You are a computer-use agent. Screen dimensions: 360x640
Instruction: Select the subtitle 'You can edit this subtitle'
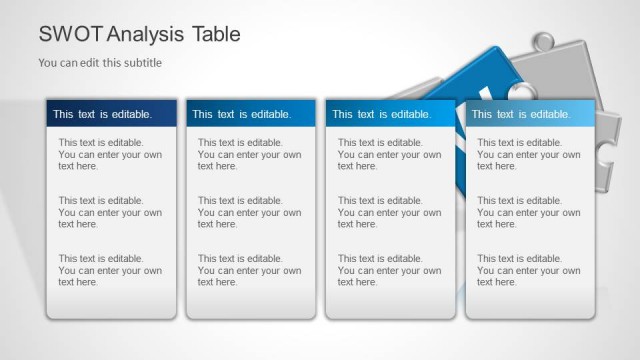[100, 63]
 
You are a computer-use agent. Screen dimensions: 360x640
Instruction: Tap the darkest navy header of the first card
[111, 114]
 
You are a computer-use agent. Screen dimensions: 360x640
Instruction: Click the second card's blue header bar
[250, 114]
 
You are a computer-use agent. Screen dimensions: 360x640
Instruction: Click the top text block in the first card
[109, 155]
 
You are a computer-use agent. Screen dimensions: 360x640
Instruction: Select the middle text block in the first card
[109, 212]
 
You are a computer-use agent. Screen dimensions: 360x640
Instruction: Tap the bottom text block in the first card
[109, 270]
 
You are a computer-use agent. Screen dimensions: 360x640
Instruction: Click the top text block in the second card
[249, 155]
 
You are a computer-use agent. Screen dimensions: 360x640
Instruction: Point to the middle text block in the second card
[249, 212]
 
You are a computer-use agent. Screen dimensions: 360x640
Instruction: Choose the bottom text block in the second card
[249, 270]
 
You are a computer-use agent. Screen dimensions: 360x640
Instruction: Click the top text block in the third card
[389, 155]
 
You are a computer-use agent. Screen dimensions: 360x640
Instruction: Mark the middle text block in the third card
[389, 212]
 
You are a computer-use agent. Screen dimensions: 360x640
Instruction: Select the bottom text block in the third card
[389, 270]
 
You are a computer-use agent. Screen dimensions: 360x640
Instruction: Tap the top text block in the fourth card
[528, 155]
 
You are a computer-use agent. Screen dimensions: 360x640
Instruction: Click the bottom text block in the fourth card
[528, 270]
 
